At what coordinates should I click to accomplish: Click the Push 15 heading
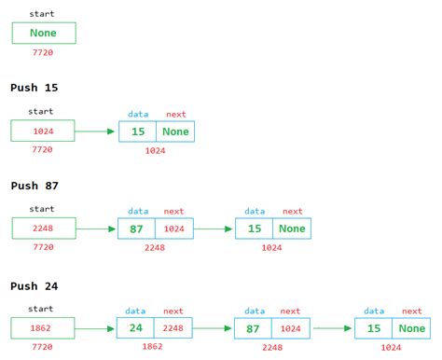coord(35,88)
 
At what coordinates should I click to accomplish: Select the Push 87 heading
coord(35,186)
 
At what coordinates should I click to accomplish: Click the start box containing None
coord(43,34)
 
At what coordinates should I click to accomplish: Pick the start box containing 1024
coord(43,132)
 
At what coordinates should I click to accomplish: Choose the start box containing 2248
coord(43,228)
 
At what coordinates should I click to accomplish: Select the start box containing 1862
coord(43,328)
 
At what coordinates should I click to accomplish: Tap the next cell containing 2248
coord(174,328)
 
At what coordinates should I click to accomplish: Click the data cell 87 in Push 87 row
coord(137,228)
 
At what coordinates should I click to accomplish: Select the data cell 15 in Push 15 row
coord(138,132)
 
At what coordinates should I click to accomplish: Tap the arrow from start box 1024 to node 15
coord(96,132)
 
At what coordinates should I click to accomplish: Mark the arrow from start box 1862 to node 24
coord(96,328)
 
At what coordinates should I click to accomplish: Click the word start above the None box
coord(42,14)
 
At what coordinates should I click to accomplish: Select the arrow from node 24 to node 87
coord(214,328)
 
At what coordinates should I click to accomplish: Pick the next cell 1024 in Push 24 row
coord(291,328)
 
